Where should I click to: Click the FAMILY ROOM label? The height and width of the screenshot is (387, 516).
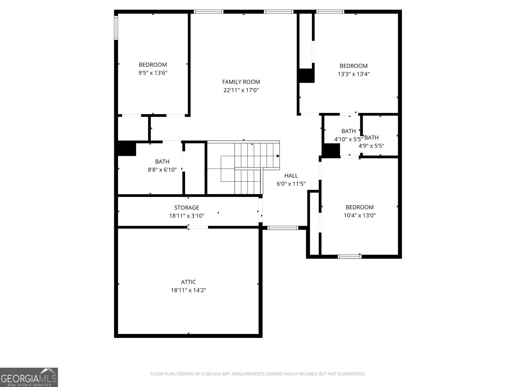(241, 82)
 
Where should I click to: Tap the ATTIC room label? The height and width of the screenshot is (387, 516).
(188, 282)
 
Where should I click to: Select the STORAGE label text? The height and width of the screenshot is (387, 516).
(186, 208)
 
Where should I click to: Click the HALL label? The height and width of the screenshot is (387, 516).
(291, 176)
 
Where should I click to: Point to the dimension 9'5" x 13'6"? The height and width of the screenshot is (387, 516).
(153, 73)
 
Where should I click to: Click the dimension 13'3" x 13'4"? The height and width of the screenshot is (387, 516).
(353, 74)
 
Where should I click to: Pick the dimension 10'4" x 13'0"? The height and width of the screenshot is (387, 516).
(360, 215)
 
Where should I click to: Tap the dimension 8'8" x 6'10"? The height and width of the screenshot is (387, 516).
(162, 170)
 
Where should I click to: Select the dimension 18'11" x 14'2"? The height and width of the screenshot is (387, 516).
(188, 290)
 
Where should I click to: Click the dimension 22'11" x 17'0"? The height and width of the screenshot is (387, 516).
(241, 90)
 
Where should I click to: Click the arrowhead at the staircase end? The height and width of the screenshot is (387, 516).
(278, 156)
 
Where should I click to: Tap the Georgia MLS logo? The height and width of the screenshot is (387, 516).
(29, 377)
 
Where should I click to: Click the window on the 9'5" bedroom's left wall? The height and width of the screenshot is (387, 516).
(116, 28)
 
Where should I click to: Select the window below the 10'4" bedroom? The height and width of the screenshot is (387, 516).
(350, 257)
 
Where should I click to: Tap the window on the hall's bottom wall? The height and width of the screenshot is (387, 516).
(283, 228)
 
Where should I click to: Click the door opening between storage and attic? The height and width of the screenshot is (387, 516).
(198, 227)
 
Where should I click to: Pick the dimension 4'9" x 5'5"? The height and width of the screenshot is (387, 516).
(372, 146)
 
